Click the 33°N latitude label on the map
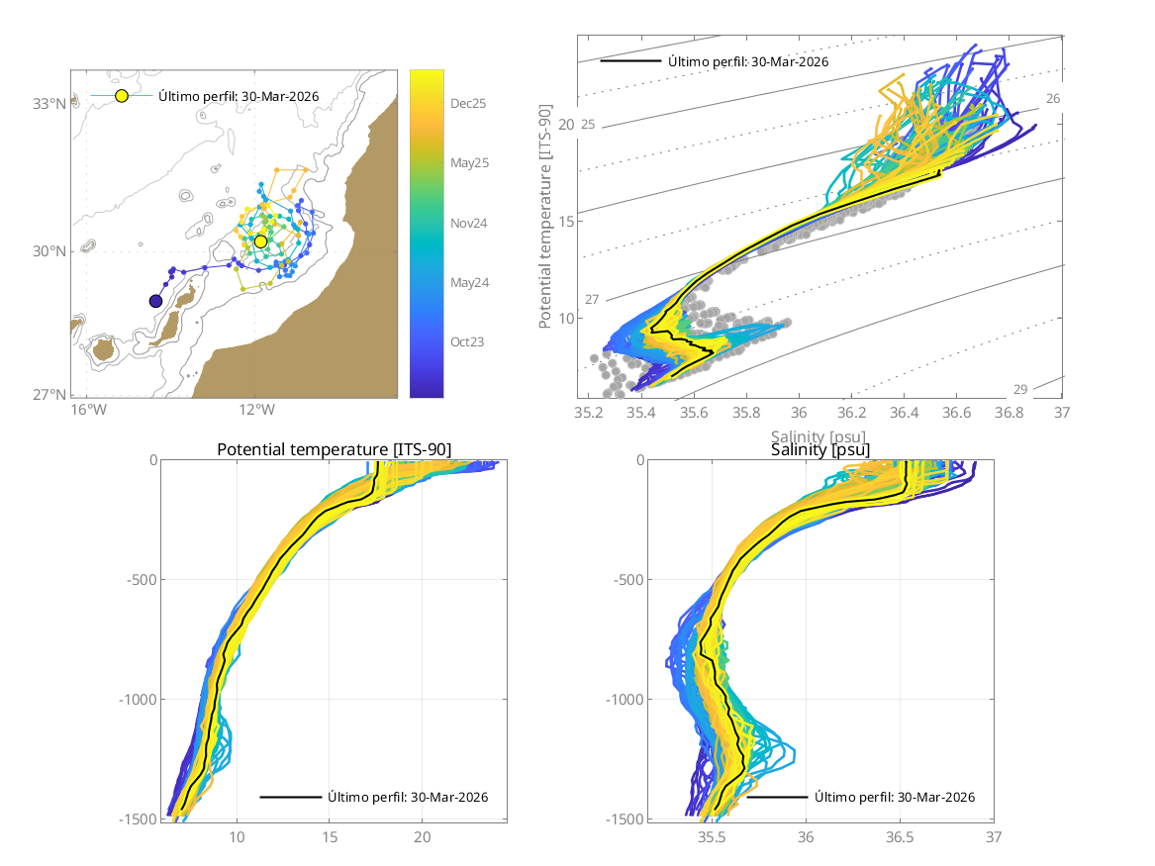pos(48,103)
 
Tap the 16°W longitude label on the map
pos(87,410)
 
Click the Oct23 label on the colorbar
pos(470,342)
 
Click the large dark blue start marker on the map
pos(155,301)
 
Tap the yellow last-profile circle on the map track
pos(260,241)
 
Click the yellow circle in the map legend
pos(122,96)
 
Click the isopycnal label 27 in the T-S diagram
pos(593,299)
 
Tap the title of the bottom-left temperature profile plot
pos(334,450)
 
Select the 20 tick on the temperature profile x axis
pos(423,837)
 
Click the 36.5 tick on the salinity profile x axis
pos(900,837)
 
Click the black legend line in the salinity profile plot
pos(778,797)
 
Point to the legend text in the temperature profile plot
pos(408,797)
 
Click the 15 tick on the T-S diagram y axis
pos(565,221)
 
